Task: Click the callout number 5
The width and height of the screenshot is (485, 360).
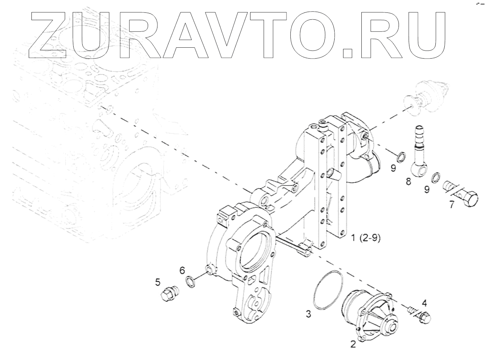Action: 158,282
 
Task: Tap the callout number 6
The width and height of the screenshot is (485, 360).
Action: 182,270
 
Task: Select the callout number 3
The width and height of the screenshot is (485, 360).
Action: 308,314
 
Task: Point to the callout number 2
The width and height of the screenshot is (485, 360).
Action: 352,344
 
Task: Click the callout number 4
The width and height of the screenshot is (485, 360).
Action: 425,303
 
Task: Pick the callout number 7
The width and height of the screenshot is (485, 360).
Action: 452,205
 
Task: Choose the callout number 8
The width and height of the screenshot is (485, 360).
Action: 408,181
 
